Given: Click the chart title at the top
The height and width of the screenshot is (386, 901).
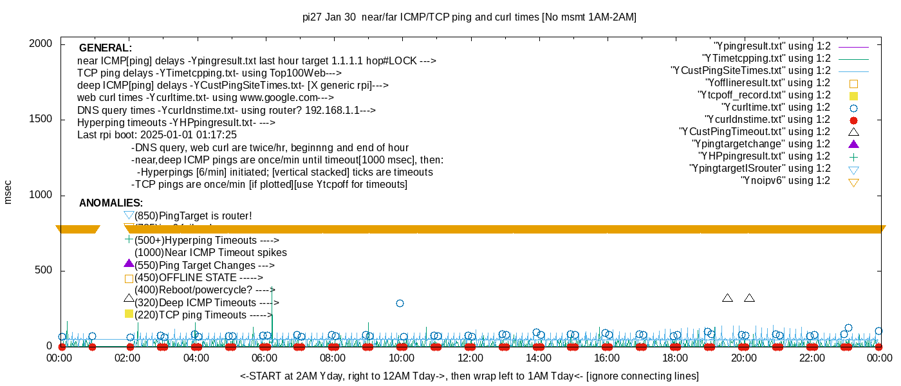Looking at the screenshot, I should (x=469, y=17).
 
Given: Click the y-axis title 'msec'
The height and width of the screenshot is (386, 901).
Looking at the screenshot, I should (x=8, y=192).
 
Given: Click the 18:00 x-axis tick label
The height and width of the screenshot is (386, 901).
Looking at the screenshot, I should (x=674, y=358).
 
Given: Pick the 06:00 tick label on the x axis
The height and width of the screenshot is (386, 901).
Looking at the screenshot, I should (x=265, y=358).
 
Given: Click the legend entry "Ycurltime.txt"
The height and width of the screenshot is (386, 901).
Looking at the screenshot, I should (x=776, y=107).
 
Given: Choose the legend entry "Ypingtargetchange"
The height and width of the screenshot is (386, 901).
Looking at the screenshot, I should (x=761, y=144).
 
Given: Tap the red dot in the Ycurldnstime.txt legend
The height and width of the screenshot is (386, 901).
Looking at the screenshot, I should (x=854, y=120).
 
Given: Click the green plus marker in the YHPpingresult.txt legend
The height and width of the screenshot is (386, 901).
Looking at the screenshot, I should (x=854, y=156).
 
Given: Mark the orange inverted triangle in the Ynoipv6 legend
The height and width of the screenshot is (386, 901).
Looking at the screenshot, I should (x=854, y=182).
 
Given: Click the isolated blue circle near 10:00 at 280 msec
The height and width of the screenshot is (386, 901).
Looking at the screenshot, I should (x=400, y=303).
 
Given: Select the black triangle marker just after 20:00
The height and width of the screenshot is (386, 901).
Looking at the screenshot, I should (x=749, y=298).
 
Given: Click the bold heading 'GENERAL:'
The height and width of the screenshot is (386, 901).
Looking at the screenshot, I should (x=106, y=48).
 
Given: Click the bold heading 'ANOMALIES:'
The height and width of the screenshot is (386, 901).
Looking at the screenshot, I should (x=111, y=203).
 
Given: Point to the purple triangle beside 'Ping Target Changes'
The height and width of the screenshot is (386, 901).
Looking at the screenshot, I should (x=129, y=263).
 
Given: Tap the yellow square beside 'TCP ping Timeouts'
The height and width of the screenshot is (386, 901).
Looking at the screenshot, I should (x=129, y=314).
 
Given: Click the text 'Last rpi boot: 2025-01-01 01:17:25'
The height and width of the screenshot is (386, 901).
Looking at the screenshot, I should (x=157, y=135).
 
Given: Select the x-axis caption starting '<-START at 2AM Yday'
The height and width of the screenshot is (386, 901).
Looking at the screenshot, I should (x=469, y=376).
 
